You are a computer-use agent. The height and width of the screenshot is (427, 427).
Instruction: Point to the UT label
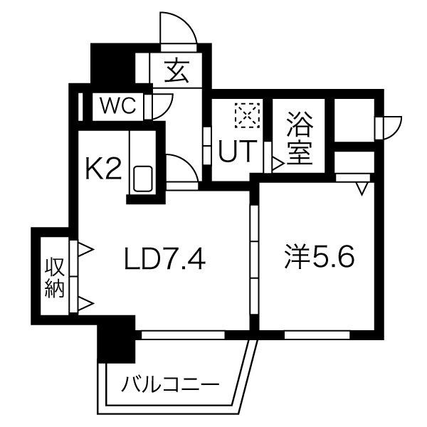(x=234, y=152)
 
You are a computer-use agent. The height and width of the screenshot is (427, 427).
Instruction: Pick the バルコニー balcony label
(x=169, y=386)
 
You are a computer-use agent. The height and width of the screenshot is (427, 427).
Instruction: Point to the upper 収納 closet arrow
(x=85, y=250)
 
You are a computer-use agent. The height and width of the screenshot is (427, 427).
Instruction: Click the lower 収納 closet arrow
(x=85, y=305)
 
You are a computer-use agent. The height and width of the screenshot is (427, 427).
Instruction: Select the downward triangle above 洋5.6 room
(x=362, y=188)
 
